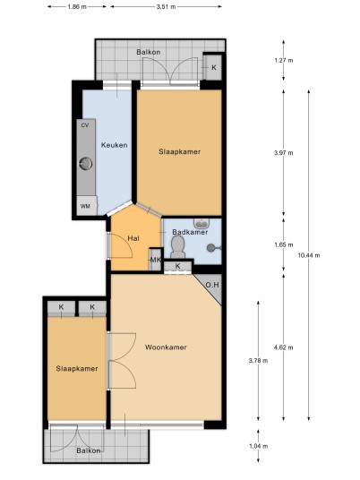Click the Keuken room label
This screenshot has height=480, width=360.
[115, 145]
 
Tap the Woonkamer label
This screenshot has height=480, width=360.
[166, 347]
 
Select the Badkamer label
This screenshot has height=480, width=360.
[190, 232]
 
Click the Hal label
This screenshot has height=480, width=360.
[133, 238]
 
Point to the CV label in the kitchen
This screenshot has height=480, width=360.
[85, 125]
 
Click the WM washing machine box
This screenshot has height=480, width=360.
[87, 206]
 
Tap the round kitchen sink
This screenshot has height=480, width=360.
[85, 164]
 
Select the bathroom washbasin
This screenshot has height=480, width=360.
[201, 223]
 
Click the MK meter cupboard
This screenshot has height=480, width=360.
[155, 260]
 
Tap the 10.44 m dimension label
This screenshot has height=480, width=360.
[309, 255]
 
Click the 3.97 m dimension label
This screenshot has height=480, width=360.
[284, 152]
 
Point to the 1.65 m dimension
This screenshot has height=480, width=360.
[284, 244]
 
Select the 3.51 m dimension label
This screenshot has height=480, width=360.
[166, 7]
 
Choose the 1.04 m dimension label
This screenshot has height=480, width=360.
[259, 446]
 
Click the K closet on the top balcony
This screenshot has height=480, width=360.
[213, 68]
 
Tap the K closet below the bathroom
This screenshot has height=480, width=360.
[178, 267]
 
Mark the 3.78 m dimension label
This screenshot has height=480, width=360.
[259, 361]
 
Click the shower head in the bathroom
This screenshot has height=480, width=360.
[211, 248]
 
